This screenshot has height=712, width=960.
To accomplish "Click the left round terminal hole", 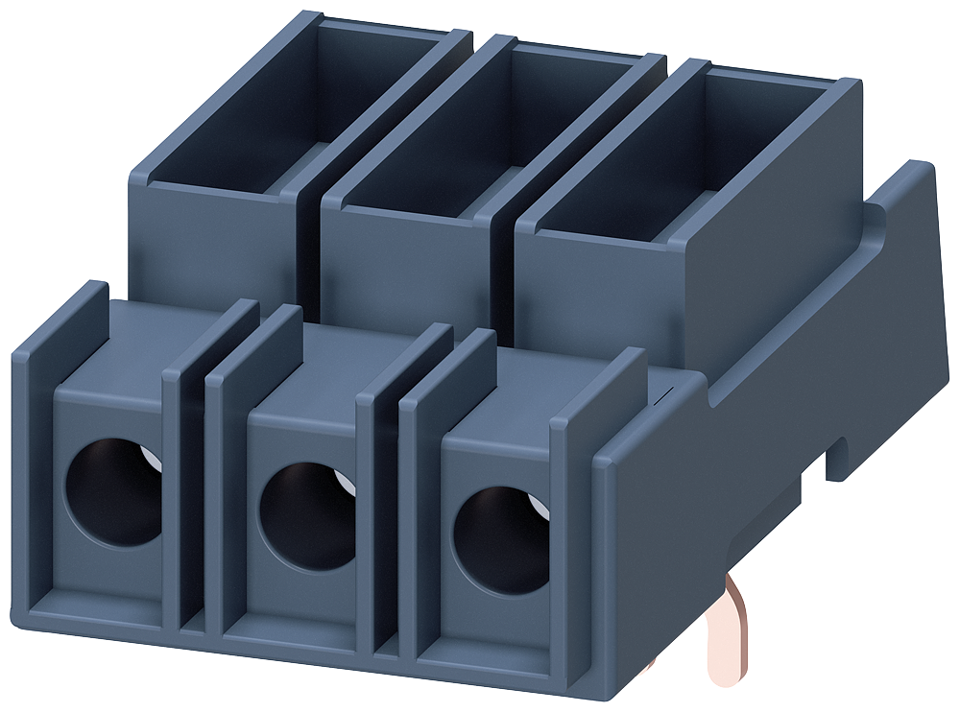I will point(113,491).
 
